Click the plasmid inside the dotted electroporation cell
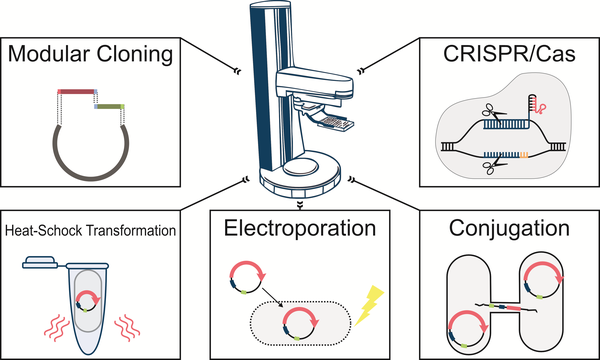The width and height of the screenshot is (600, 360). click(300, 320)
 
